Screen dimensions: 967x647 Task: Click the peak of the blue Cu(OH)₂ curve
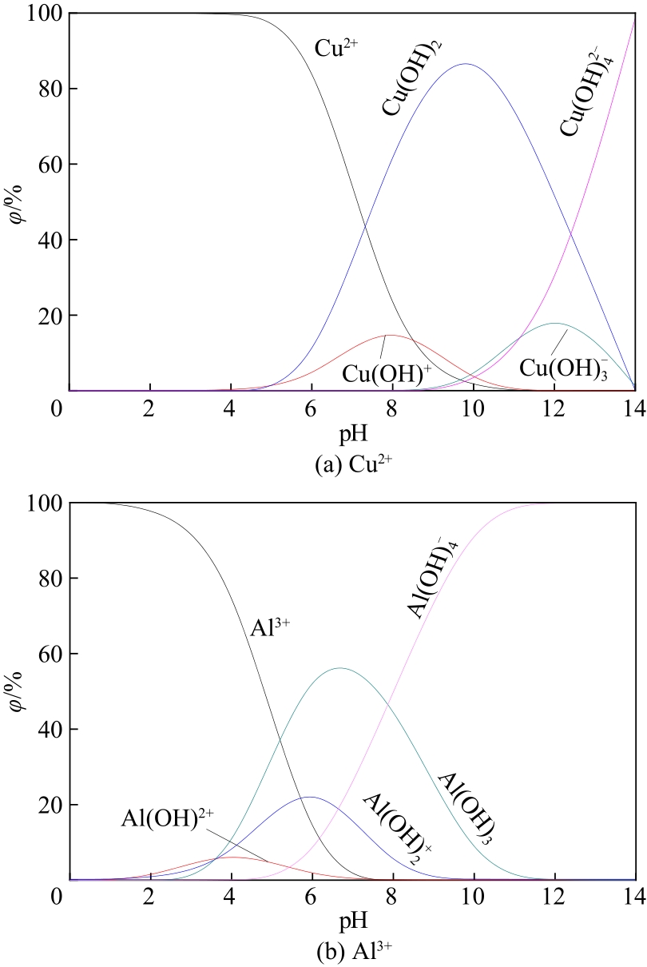pyautogui.click(x=465, y=64)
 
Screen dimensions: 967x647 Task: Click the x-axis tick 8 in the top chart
pyautogui.click(x=391, y=407)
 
